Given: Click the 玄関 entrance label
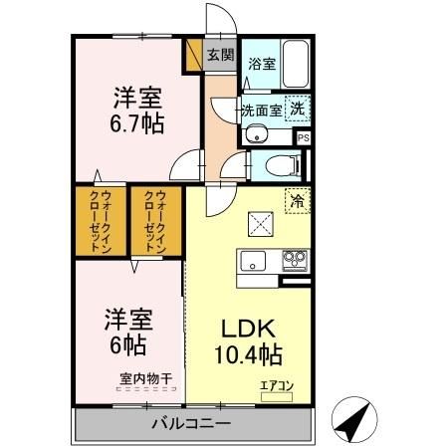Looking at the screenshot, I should pyautogui.click(x=220, y=56).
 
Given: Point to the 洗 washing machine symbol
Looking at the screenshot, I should pyautogui.click(x=298, y=108).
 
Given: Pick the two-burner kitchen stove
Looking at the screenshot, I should pyautogui.click(x=295, y=261).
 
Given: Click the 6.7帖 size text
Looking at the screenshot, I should pyautogui.click(x=137, y=124).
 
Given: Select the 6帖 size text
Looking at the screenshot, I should pyautogui.click(x=126, y=344).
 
